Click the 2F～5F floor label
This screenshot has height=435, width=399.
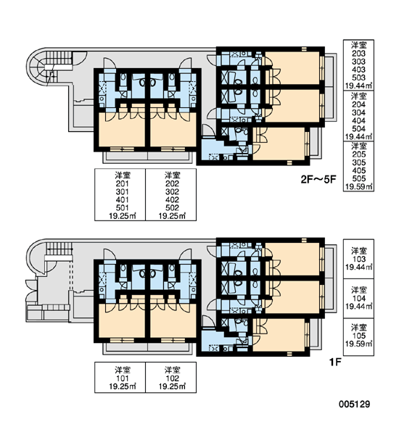(318, 180)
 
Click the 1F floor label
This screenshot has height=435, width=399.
(335, 362)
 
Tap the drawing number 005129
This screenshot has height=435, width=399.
(354, 405)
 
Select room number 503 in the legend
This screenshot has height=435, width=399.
(358, 78)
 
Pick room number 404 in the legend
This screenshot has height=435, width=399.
(358, 120)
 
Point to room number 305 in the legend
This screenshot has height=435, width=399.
(358, 162)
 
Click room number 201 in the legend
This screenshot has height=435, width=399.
(122, 183)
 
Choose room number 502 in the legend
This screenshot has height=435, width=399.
(172, 208)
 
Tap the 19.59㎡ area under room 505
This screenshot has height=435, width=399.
(358, 187)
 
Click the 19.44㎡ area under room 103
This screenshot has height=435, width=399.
(358, 267)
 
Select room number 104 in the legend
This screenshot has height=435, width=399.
(358, 299)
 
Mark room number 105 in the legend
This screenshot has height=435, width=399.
(358, 336)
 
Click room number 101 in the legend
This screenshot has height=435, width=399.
(122, 378)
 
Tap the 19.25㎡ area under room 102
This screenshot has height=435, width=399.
(172, 386)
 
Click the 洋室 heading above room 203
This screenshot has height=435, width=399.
(358, 45)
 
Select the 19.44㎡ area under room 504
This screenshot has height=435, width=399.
(358, 136)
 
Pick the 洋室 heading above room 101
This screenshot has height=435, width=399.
(122, 370)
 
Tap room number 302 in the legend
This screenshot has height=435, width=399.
(172, 191)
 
